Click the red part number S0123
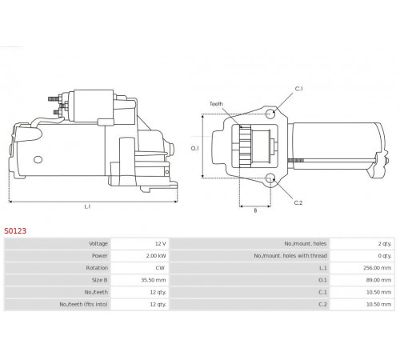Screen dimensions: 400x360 pos(15,230)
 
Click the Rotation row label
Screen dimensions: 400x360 pos(97,268)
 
